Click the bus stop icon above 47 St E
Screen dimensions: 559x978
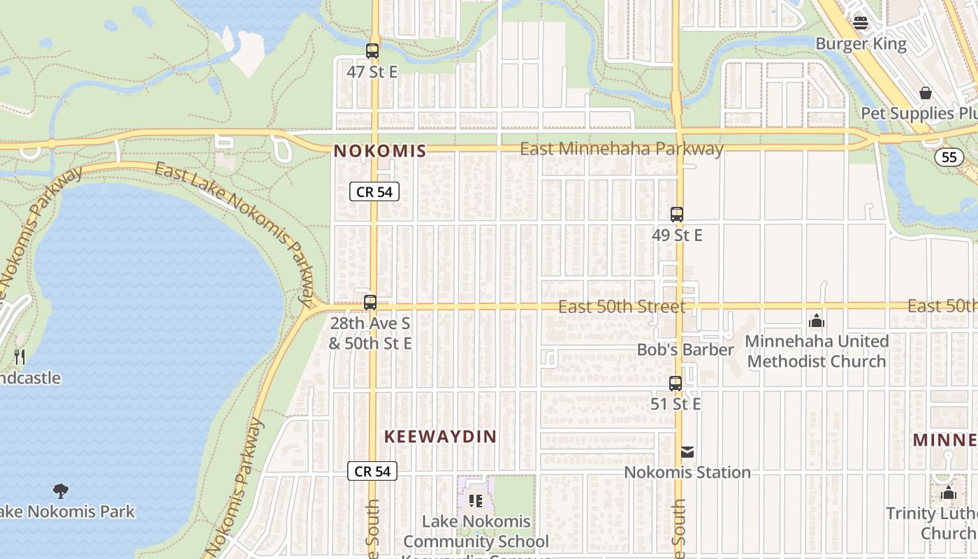click(x=372, y=51)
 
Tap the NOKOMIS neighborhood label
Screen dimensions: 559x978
click(x=379, y=151)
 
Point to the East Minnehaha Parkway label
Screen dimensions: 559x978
click(x=622, y=149)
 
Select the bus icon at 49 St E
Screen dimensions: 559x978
click(x=676, y=215)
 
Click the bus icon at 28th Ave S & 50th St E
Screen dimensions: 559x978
click(x=370, y=303)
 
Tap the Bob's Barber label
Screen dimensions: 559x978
click(x=685, y=349)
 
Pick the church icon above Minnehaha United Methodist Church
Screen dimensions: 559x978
click(x=816, y=321)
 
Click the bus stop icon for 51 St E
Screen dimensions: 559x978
click(x=675, y=384)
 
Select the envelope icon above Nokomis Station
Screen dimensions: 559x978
click(x=687, y=452)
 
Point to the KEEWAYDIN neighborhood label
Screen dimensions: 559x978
click(x=440, y=437)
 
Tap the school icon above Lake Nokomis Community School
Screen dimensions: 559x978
click(x=476, y=500)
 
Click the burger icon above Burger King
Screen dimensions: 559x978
click(x=861, y=23)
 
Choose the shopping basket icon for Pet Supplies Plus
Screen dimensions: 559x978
click(x=925, y=93)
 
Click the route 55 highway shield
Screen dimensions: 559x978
click(x=949, y=157)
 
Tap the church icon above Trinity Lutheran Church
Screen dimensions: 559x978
click(x=948, y=493)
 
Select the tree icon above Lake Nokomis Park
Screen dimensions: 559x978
click(x=61, y=491)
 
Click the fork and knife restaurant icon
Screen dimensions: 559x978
click(x=20, y=357)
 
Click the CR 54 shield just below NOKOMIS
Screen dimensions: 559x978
click(x=374, y=192)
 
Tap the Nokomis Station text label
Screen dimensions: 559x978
click(x=687, y=472)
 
